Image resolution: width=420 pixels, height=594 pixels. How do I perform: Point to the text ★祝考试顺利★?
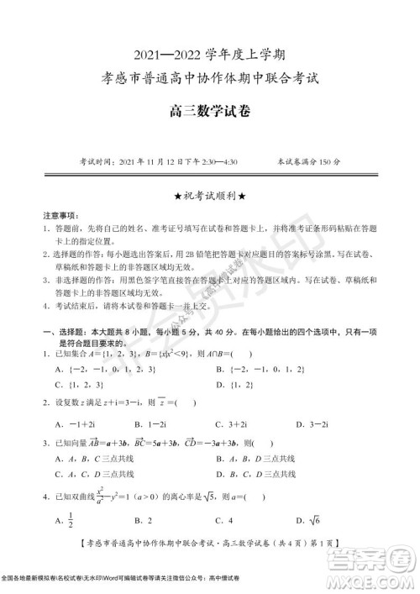210,196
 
